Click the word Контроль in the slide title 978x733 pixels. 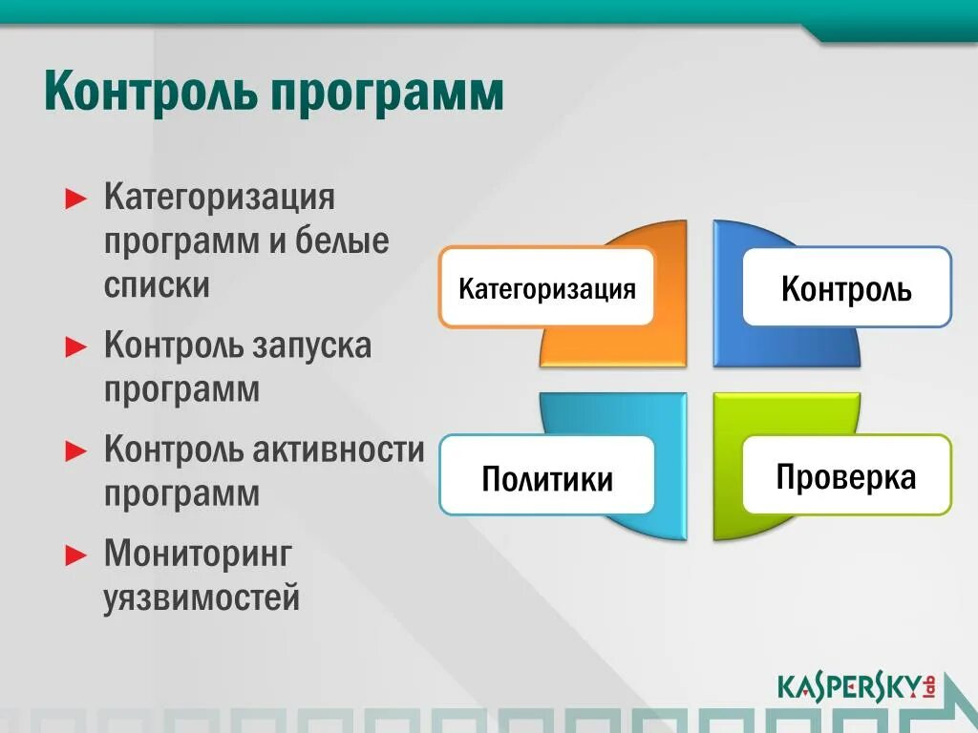coord(150,93)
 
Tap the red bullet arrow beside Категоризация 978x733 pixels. coord(76,199)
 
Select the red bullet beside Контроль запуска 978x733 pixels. coord(76,346)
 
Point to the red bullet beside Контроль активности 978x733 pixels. coord(76,450)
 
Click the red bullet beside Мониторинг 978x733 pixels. coord(76,555)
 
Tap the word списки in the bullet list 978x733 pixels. coord(157,284)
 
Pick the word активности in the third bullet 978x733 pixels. coord(338,450)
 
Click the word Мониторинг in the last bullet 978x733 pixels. coord(198,555)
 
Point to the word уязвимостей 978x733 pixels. coord(202,597)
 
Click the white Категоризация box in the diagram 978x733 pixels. coord(546,286)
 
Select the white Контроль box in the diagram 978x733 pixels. coord(847,286)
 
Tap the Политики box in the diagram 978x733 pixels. coord(547,475)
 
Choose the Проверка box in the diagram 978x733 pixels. coord(847,475)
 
